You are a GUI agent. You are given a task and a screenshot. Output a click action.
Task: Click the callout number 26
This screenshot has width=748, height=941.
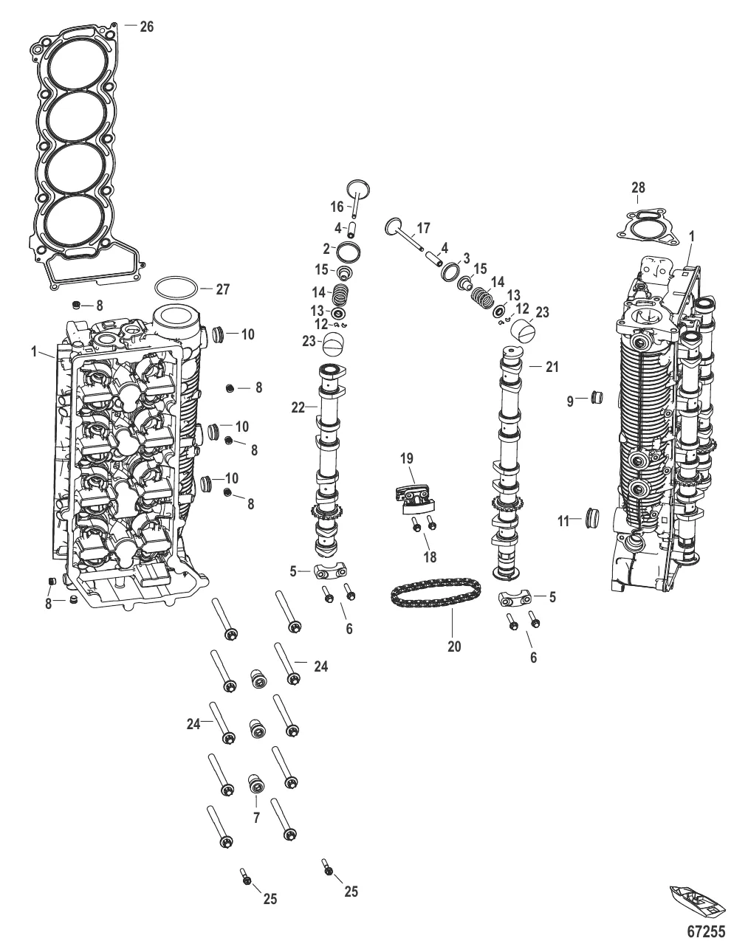pos(146,27)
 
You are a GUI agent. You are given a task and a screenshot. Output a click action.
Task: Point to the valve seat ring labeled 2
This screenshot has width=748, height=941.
pos(349,252)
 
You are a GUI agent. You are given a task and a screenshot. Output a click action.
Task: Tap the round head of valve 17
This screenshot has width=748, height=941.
pos(394,227)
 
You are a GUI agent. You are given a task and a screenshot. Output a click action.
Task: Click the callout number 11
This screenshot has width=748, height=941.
pos(564,522)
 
